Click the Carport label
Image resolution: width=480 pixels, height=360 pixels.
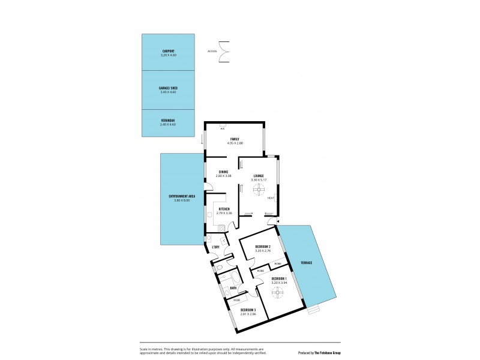[168, 51]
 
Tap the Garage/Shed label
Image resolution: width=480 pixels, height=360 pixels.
[168, 88]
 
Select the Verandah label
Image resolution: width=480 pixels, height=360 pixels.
[168, 121]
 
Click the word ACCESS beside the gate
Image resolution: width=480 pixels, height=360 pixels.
[212, 51]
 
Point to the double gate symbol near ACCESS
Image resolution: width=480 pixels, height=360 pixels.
[224, 51]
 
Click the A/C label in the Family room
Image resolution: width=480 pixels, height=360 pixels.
[222, 128]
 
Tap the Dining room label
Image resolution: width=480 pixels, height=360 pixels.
[223, 172]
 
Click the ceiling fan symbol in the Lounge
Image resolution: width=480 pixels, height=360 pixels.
[259, 190]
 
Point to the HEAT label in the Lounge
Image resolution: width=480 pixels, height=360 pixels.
[271, 198]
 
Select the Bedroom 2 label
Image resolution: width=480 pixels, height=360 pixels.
[263, 247]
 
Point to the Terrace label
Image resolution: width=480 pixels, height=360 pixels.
[306, 263]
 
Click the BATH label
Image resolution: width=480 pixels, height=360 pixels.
[233, 288]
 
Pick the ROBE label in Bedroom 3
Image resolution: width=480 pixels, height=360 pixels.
[237, 299]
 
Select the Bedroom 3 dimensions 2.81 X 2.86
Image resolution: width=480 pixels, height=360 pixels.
[248, 314]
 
